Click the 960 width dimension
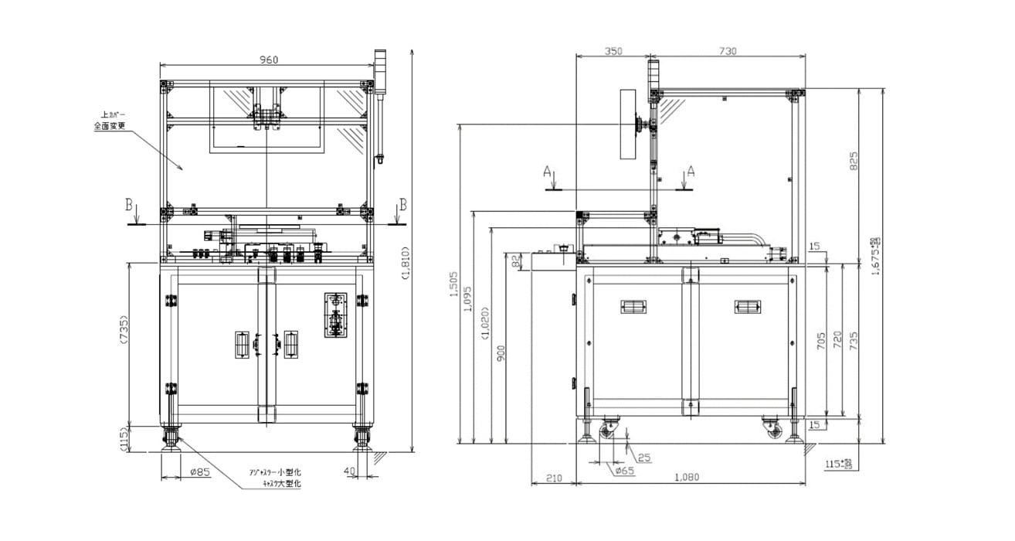click(x=267, y=60)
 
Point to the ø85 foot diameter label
click(x=199, y=472)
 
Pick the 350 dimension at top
click(x=612, y=51)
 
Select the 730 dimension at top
click(x=727, y=51)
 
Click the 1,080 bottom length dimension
click(x=685, y=477)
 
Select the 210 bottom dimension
click(x=553, y=478)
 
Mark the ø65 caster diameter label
click(x=624, y=471)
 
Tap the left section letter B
click(x=129, y=205)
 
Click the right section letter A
click(x=691, y=171)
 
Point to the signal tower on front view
click(x=379, y=70)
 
